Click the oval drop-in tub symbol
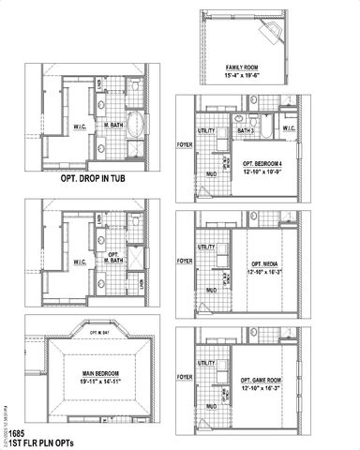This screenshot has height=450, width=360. pos(137,123)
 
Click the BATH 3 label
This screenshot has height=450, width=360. pos(247,131)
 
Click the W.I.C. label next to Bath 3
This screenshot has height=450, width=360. pos(289,128)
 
